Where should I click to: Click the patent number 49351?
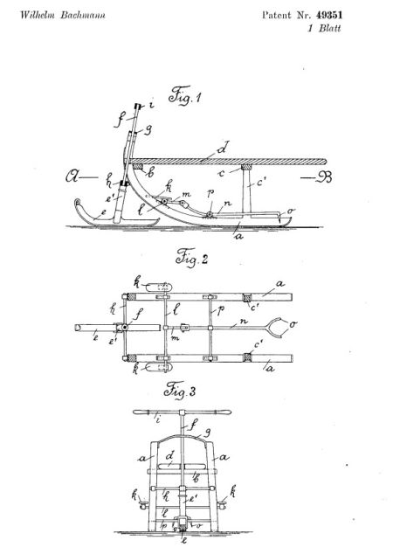(328, 15)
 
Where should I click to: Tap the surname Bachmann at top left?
(83, 15)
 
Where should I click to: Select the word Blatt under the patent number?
(330, 28)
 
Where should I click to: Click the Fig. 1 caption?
(184, 95)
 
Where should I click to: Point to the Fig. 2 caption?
(192, 257)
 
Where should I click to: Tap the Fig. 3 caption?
(180, 391)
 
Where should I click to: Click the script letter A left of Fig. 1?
(73, 176)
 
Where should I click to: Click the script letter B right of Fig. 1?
(323, 177)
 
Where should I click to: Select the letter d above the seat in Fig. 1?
(223, 148)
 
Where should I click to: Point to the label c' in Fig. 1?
(260, 183)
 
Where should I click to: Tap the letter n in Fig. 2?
(244, 322)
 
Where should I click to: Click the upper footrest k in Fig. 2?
(159, 287)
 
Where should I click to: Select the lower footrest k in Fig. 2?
(159, 367)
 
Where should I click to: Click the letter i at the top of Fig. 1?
(151, 105)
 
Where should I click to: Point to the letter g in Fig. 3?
(207, 433)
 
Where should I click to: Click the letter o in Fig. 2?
(293, 323)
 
